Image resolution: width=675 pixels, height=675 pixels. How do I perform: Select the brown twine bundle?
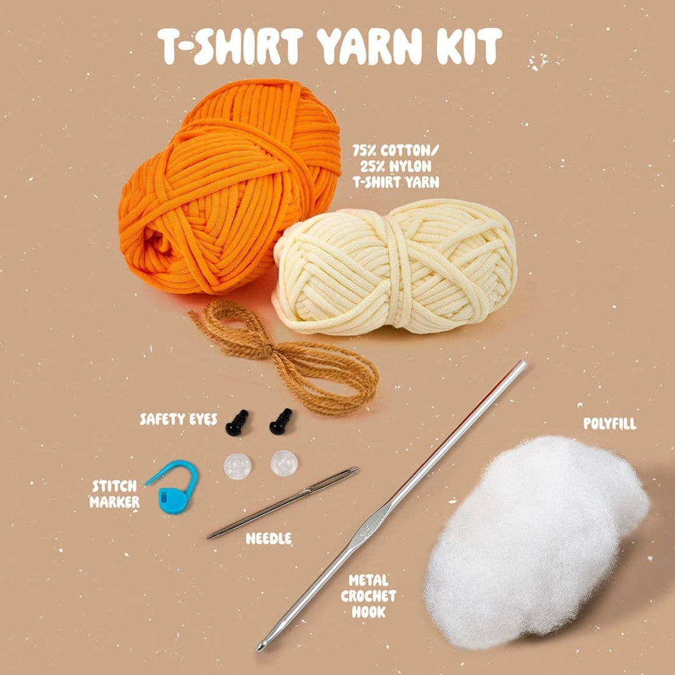[294, 356]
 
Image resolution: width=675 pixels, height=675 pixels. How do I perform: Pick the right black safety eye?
[281, 422]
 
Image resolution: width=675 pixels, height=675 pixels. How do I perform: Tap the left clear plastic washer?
[237, 466]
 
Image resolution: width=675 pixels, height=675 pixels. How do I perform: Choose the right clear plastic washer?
[284, 463]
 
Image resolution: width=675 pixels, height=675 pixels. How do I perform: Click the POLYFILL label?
[610, 424]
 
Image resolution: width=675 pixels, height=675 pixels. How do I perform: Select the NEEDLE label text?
[269, 538]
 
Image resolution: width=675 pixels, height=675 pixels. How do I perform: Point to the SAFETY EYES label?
[178, 419]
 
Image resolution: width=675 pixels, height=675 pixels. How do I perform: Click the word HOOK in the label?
[369, 612]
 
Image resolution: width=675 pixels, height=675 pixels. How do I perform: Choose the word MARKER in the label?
[114, 501]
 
